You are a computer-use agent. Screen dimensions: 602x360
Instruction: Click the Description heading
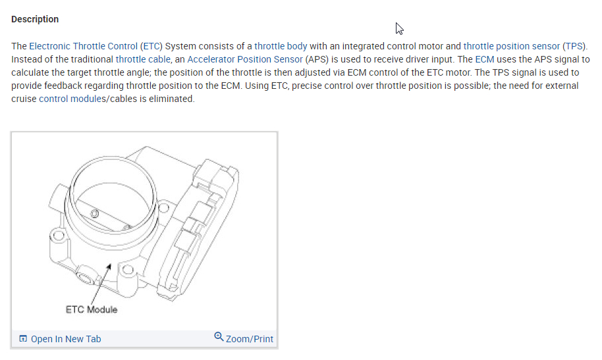click(x=35, y=19)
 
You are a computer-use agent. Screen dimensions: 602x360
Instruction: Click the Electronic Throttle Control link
click(x=83, y=46)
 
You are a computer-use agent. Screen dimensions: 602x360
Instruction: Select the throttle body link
click(x=281, y=46)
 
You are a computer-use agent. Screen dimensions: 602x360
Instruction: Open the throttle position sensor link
click(x=512, y=46)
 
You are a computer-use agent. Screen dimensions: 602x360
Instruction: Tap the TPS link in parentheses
click(x=574, y=46)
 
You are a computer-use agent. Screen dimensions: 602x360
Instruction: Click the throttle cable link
click(x=143, y=59)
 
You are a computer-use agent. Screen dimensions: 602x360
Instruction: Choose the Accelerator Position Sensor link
click(x=246, y=59)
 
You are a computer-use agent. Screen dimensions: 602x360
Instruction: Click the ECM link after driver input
click(x=484, y=59)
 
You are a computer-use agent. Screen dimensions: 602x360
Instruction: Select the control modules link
click(x=68, y=99)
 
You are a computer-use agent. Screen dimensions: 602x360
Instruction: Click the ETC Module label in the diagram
click(x=92, y=309)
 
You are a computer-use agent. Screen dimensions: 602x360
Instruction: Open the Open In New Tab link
click(x=66, y=339)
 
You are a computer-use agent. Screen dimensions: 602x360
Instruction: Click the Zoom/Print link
click(x=249, y=339)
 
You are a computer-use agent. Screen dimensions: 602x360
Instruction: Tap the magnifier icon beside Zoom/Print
click(x=219, y=338)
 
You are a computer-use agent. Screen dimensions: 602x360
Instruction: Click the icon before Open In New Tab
click(x=24, y=339)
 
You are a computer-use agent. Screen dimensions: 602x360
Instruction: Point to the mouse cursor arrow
click(x=399, y=28)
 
